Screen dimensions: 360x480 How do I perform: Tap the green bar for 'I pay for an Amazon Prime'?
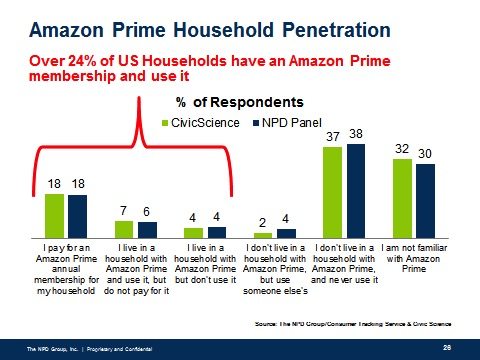click(x=54, y=213)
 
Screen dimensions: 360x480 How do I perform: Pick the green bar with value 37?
click(x=327, y=190)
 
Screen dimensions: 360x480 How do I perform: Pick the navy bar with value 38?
click(x=352, y=189)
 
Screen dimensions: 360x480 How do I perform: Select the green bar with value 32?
click(x=402, y=196)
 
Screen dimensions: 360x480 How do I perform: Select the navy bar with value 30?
click(x=425, y=199)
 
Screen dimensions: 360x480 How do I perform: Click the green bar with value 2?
click(x=261, y=235)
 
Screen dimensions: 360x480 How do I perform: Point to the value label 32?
click(x=402, y=148)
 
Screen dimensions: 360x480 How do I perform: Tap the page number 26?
click(x=446, y=346)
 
